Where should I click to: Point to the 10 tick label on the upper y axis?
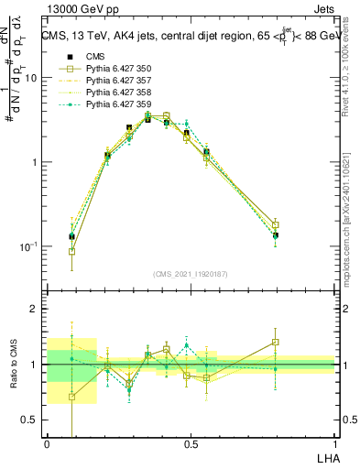point(30,78)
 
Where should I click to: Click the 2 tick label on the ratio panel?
point(35,310)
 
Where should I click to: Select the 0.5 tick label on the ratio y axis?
point(30,420)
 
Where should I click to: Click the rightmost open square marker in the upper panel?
point(275,224)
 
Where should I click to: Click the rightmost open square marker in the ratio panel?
point(275,343)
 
